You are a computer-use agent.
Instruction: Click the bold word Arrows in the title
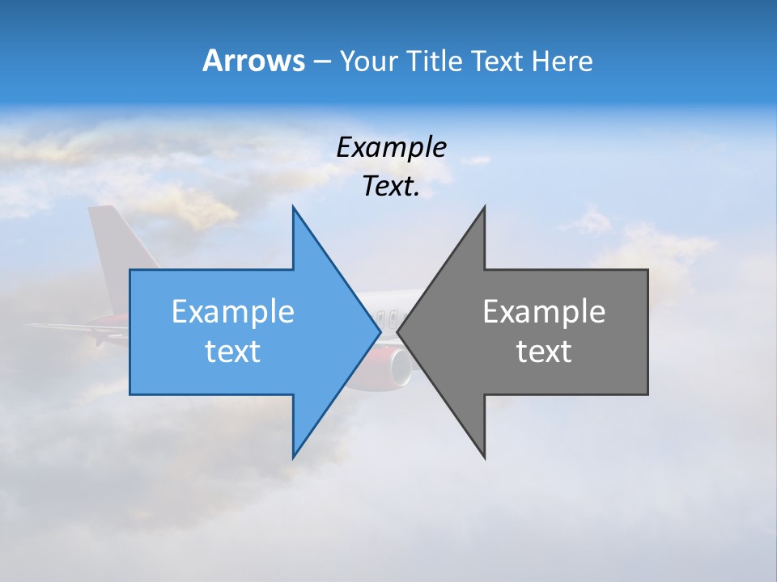(253, 61)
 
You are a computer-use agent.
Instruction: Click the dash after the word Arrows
(321, 61)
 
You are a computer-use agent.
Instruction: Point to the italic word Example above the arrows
(391, 147)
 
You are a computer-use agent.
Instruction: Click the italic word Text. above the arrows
(391, 187)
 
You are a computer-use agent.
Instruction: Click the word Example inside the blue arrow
(232, 311)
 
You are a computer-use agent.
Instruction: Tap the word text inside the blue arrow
(232, 352)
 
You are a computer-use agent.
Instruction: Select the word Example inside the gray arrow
(544, 311)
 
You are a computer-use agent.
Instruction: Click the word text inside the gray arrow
(544, 352)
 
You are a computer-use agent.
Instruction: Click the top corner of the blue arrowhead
(294, 208)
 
